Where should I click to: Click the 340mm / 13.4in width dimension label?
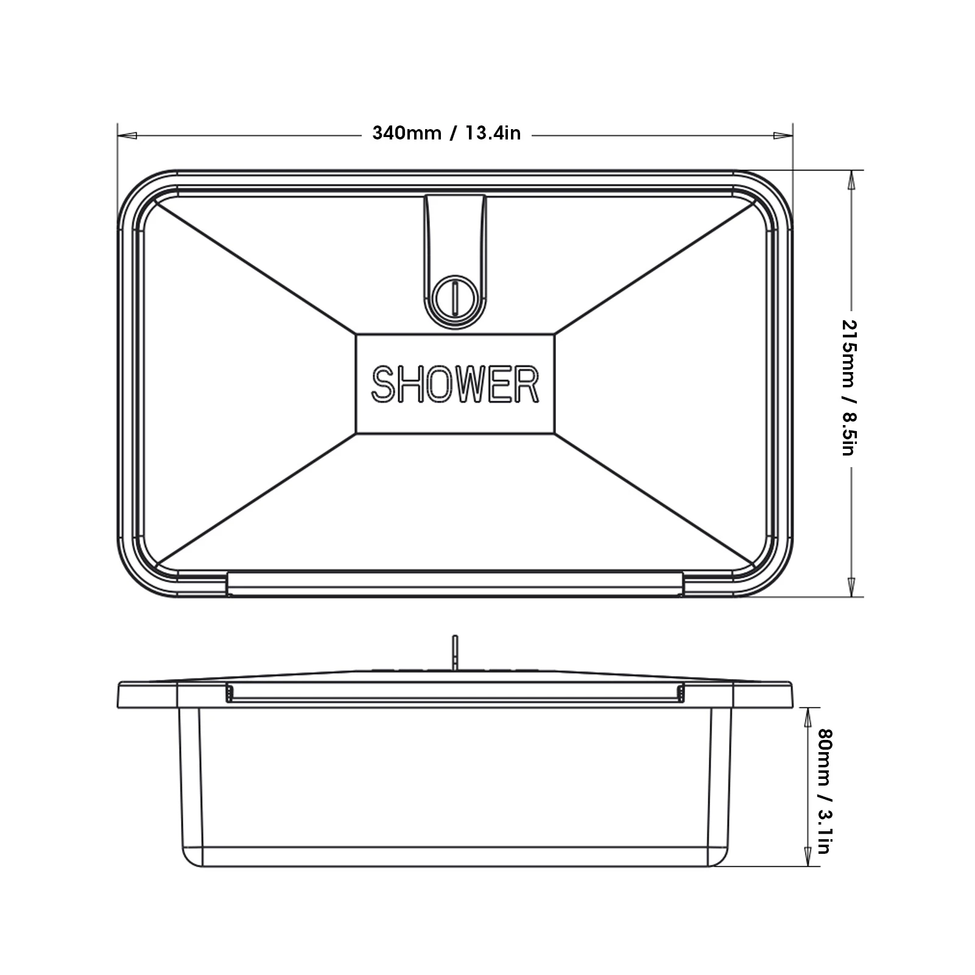[446, 133]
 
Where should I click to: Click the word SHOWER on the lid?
[455, 384]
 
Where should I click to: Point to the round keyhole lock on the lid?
[455, 297]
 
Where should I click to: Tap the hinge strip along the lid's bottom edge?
[455, 583]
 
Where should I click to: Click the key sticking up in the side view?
[455, 652]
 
